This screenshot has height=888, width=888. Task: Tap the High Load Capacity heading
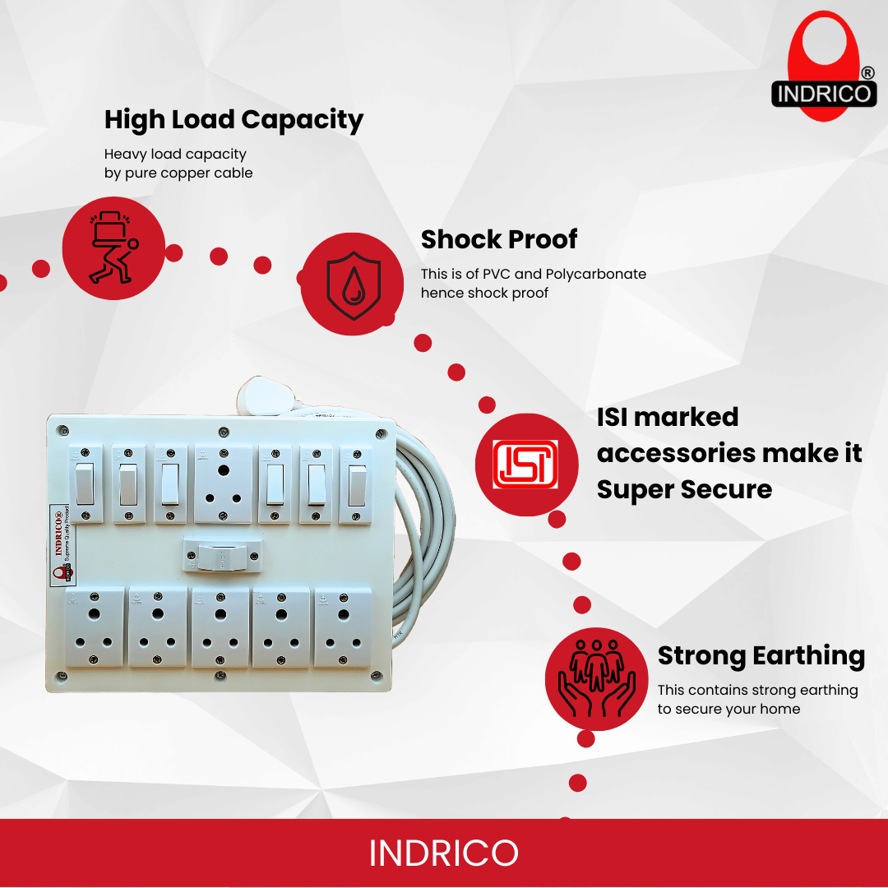(234, 120)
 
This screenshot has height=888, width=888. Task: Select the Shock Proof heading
(499, 239)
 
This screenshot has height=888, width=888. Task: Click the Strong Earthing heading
(761, 655)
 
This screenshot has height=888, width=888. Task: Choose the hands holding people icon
(596, 679)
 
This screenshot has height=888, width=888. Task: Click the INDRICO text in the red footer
(443, 853)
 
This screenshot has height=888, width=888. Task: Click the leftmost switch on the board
(86, 483)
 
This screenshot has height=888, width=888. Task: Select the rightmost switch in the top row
(357, 485)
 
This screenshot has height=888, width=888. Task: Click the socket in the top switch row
(223, 483)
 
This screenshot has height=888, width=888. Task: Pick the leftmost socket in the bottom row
(95, 627)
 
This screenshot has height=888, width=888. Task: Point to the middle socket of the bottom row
(220, 627)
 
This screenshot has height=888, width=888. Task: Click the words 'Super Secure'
(684, 489)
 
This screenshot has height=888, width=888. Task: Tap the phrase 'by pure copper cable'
(178, 173)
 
